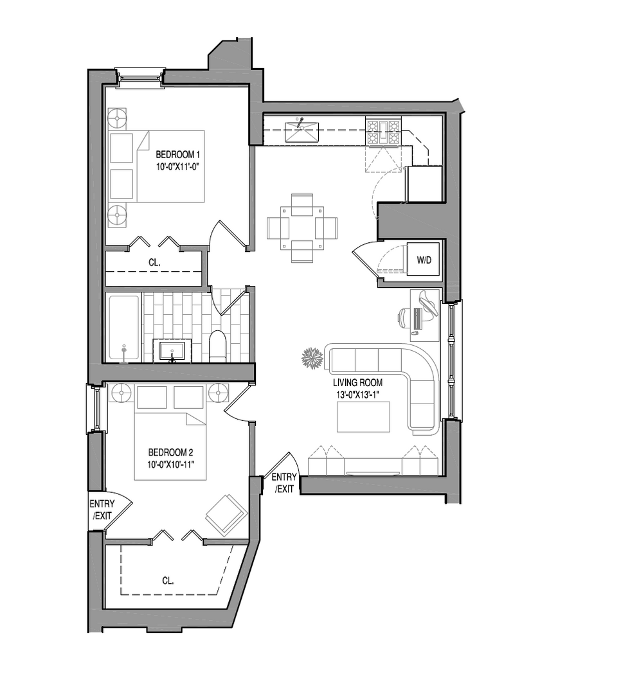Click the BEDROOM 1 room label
click(178, 155)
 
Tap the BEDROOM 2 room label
click(170, 452)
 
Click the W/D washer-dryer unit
click(424, 260)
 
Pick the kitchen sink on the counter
click(301, 131)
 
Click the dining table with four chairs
click(302, 227)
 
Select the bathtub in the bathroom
click(123, 327)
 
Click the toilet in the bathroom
click(217, 346)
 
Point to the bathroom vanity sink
click(172, 351)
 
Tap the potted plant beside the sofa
click(312, 358)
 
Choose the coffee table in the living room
click(363, 416)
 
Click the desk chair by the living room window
click(405, 317)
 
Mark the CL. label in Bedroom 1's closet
click(154, 262)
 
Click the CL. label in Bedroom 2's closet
click(168, 580)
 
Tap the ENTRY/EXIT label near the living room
click(283, 483)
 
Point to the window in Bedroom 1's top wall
click(140, 78)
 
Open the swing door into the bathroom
click(231, 301)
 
